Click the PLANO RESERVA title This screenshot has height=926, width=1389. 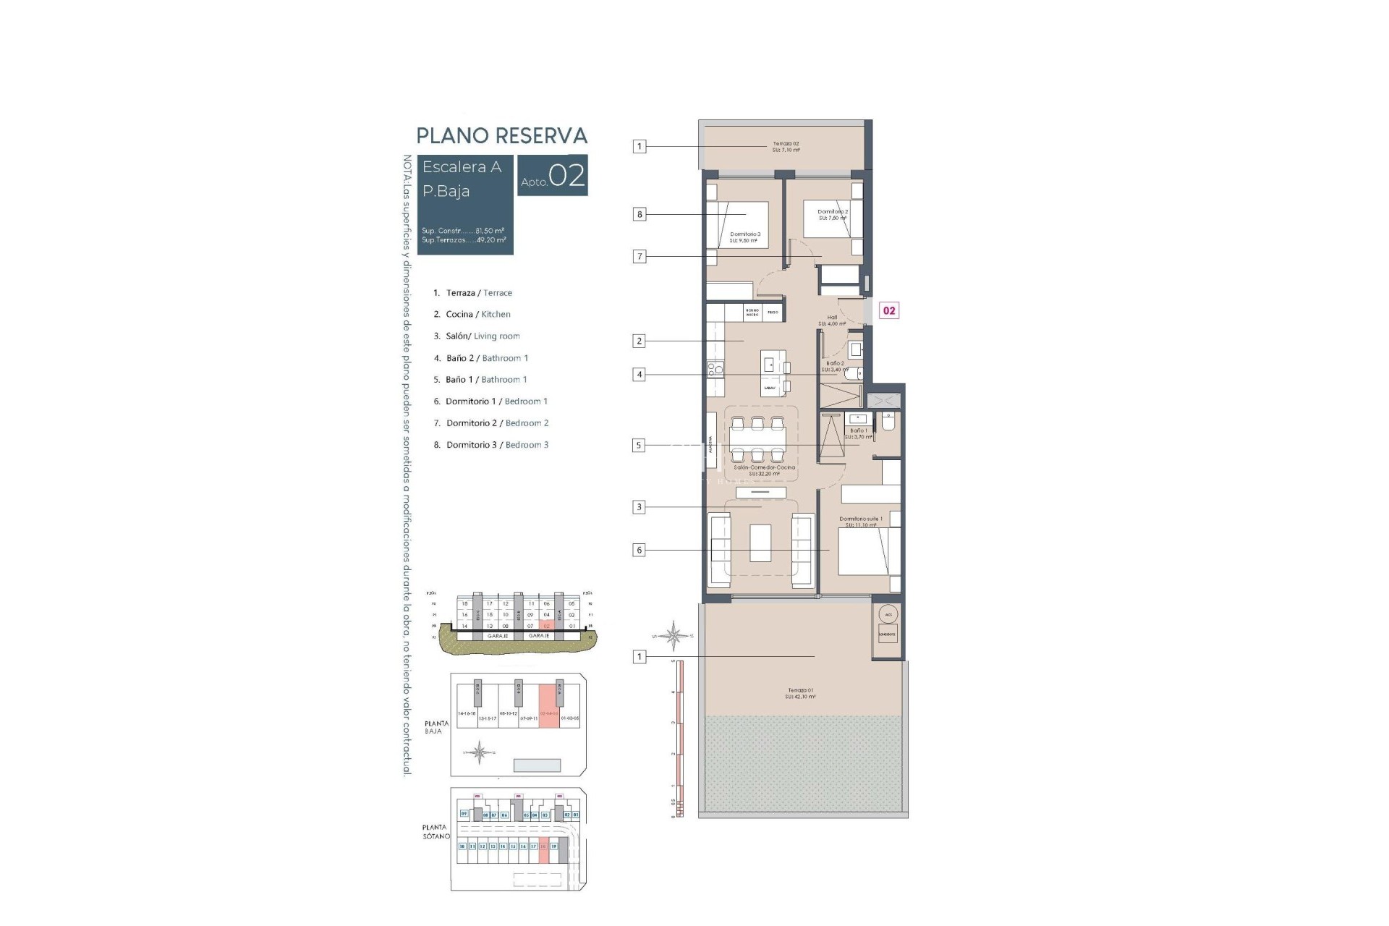[501, 135]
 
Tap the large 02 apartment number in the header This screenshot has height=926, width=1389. [566, 176]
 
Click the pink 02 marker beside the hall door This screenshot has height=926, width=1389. [888, 310]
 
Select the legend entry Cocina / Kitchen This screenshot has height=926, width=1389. [477, 314]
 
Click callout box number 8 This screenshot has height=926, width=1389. [639, 214]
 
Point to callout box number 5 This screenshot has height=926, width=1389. [638, 446]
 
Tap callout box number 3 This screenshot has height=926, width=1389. [639, 507]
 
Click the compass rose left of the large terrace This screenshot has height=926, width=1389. [674, 636]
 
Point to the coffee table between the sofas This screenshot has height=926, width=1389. [760, 543]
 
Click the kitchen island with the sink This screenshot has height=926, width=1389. [770, 373]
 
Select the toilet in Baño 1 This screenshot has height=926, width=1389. [888, 420]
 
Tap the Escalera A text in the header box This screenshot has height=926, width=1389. [462, 167]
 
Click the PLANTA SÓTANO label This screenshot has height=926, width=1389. [436, 831]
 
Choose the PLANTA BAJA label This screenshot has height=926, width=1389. [436, 727]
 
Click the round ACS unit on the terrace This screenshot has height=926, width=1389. [888, 614]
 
